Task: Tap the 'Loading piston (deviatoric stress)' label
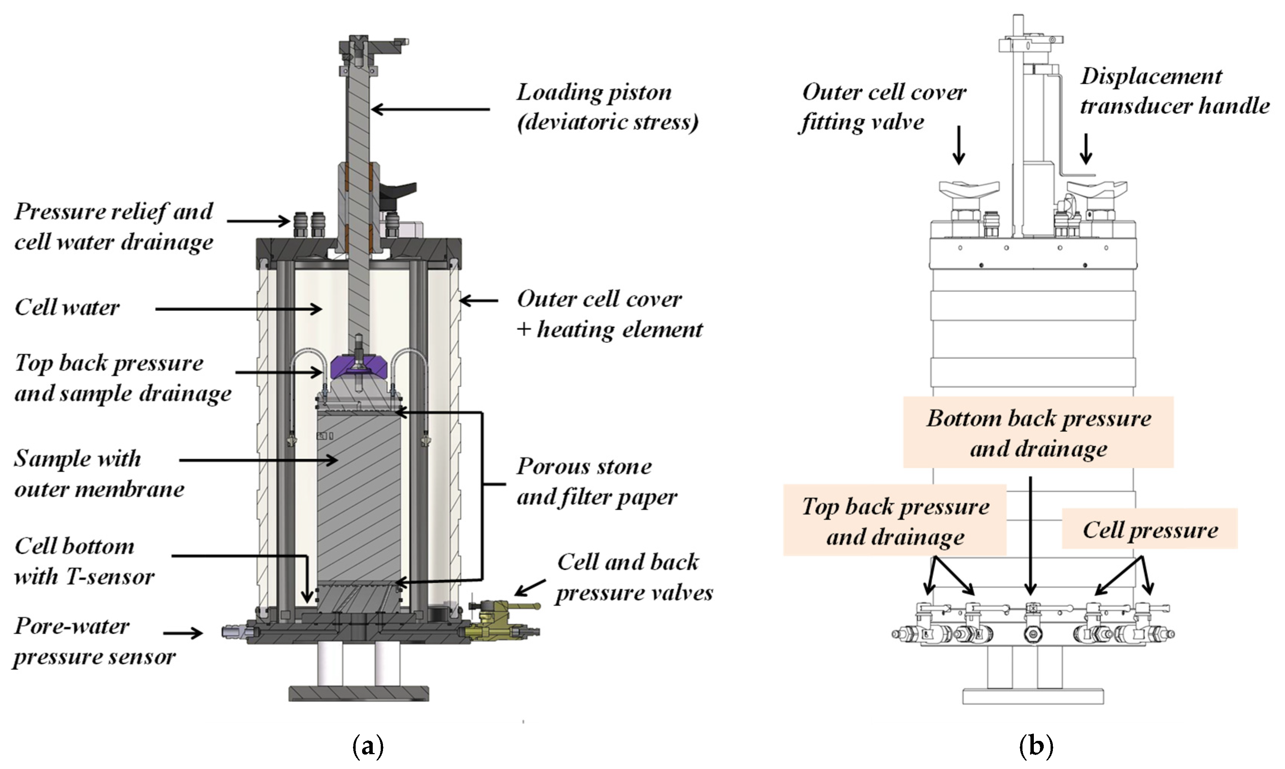point(607,107)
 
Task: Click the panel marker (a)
point(368,746)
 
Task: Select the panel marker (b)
point(1036,746)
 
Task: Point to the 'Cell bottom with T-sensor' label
point(84,561)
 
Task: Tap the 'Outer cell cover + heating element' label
point(609,314)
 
